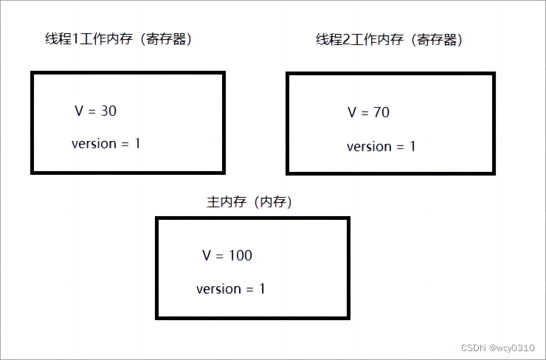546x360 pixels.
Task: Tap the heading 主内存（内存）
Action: pyautogui.click(x=250, y=202)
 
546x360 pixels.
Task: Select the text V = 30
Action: pyautogui.click(x=96, y=111)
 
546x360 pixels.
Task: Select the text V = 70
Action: pyautogui.click(x=369, y=113)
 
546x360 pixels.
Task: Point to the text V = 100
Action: pyautogui.click(x=227, y=256)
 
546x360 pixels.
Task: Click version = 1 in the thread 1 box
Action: pyautogui.click(x=106, y=144)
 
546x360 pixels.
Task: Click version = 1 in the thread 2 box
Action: pyautogui.click(x=381, y=147)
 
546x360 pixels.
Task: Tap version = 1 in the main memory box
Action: pyautogui.click(x=230, y=289)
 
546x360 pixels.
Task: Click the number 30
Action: pyautogui.click(x=108, y=111)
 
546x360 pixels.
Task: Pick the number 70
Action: pyautogui.click(x=381, y=113)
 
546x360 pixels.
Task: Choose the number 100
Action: pyautogui.click(x=240, y=256)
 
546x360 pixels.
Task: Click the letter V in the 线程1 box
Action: pyautogui.click(x=80, y=111)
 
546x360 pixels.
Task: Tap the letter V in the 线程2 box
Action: pyautogui.click(x=352, y=113)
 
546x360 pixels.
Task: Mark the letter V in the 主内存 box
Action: pyautogui.click(x=207, y=256)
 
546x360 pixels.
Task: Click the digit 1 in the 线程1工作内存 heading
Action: pyautogui.click(x=77, y=40)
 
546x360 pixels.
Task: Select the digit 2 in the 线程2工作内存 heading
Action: pyautogui.click(x=347, y=40)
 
